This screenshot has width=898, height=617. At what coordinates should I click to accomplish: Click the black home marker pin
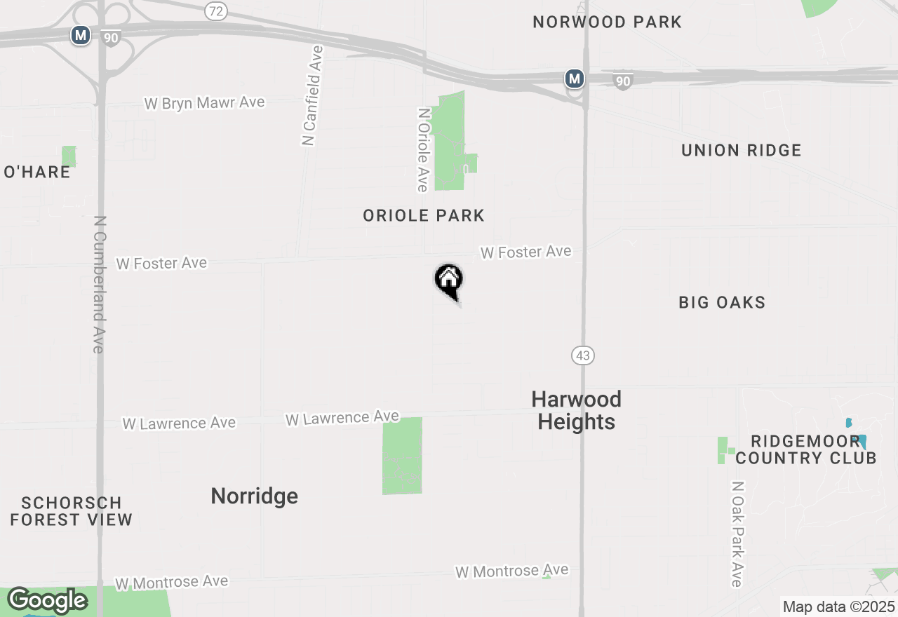click(449, 281)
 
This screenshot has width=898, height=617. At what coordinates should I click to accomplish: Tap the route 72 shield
click(216, 11)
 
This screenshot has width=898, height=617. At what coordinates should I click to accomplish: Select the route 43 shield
click(582, 355)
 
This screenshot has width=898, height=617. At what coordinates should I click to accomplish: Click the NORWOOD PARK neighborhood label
click(607, 22)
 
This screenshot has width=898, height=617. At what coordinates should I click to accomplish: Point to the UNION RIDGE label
click(741, 150)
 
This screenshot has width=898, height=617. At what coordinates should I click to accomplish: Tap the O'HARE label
click(37, 172)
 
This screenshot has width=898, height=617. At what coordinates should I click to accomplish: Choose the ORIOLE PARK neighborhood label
click(424, 215)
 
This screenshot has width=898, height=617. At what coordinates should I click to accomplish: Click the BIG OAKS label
click(722, 302)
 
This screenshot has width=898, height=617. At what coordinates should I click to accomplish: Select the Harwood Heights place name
click(576, 410)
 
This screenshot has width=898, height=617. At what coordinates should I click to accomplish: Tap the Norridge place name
click(254, 496)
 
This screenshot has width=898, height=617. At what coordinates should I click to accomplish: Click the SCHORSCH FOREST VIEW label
click(71, 511)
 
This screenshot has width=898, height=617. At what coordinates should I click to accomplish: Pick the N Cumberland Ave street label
click(99, 283)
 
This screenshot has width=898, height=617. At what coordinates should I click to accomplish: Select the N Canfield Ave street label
click(313, 95)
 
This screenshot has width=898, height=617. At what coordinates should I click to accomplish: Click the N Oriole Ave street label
click(422, 149)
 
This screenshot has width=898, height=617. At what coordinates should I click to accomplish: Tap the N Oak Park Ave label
click(736, 534)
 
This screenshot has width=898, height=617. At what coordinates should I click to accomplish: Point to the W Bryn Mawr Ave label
click(204, 103)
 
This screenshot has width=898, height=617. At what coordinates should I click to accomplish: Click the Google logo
click(47, 600)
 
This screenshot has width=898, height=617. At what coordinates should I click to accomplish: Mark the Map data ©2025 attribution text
click(838, 606)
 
